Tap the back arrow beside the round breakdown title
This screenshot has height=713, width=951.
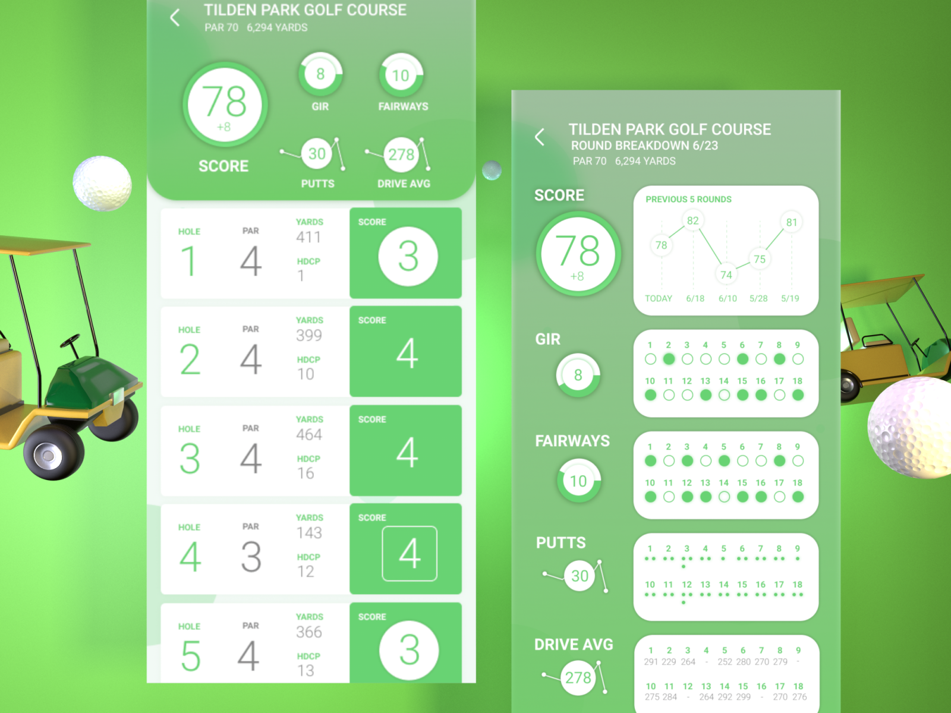tap(539, 137)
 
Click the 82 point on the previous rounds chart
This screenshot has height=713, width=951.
tap(692, 220)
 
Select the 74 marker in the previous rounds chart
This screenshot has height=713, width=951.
tap(726, 275)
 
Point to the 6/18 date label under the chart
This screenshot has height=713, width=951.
tap(695, 298)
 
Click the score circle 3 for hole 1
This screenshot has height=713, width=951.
tap(408, 257)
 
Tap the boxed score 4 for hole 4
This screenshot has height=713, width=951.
tap(410, 554)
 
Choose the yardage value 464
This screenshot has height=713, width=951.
tap(309, 434)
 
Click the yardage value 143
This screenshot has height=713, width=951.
tap(309, 533)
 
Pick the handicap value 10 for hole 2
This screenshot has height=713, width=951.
tap(306, 374)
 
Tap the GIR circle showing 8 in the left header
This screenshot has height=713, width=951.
tap(320, 74)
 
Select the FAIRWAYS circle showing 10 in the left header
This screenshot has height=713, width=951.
tap(401, 75)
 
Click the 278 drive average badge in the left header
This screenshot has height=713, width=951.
tap(401, 154)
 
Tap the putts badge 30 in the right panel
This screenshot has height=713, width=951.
tap(580, 576)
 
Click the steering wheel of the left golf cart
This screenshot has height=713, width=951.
tap(70, 340)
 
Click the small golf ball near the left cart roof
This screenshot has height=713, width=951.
tap(102, 183)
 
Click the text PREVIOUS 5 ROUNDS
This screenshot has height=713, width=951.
tap(688, 200)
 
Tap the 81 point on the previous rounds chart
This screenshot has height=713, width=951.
tap(791, 222)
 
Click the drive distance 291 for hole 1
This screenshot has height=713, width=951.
tap(651, 662)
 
